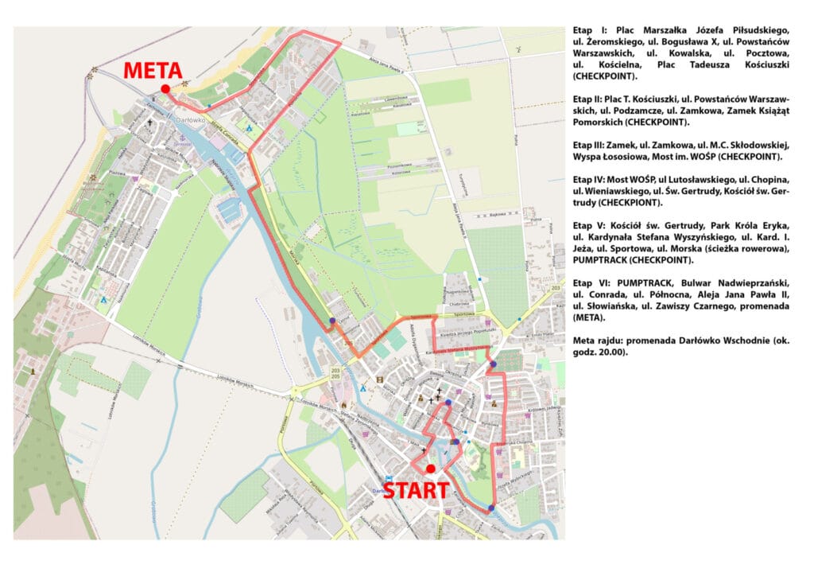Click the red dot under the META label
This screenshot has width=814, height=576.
point(165,89)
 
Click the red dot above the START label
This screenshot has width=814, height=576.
point(430,469)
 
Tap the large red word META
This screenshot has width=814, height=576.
point(152,71)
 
